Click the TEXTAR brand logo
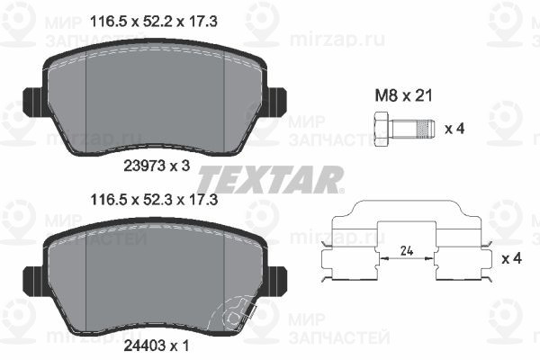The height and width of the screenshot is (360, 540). (x=270, y=179)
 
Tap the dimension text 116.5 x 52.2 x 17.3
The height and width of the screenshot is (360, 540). (x=154, y=22)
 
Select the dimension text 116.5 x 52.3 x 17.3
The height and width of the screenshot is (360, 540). (x=154, y=200)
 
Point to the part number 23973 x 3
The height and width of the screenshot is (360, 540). (x=157, y=166)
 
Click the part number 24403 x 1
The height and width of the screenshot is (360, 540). (x=157, y=346)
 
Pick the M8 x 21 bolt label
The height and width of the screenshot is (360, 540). (x=403, y=95)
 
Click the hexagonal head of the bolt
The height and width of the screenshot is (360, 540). (x=382, y=130)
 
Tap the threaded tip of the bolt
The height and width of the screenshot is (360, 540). (x=426, y=129)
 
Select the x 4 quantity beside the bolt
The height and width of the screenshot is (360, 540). (x=454, y=129)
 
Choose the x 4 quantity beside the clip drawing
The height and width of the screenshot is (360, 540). (x=512, y=258)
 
